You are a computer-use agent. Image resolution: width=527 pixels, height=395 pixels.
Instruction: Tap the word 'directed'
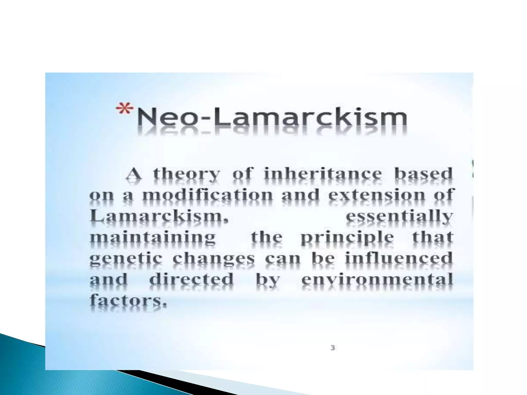click(x=191, y=279)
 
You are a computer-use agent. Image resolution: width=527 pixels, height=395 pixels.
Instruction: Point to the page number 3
click(x=333, y=348)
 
